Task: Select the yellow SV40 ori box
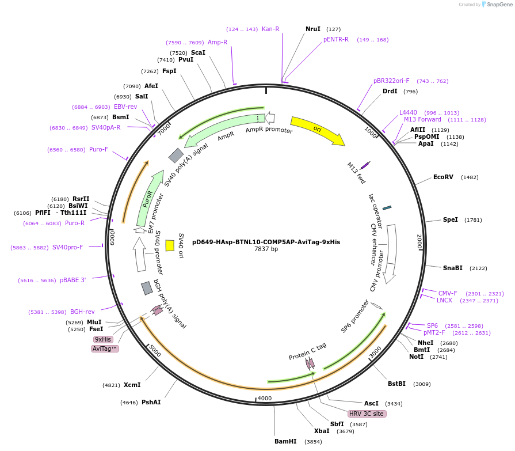tap(170, 245)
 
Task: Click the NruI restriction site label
tap(313, 29)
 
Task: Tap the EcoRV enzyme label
tap(443, 177)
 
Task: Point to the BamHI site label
tap(285, 441)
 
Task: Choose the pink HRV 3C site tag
tap(366, 414)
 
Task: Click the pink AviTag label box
tap(105, 349)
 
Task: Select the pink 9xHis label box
tap(103, 340)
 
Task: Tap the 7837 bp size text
tap(266, 249)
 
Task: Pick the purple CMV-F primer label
tap(448, 293)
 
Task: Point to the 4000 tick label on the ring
tap(264, 398)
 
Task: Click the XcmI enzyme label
tap(132, 385)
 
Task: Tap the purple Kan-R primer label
tap(270, 29)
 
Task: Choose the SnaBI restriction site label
tap(452, 268)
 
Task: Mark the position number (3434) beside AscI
tap(394, 404)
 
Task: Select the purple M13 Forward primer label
tap(422, 120)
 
